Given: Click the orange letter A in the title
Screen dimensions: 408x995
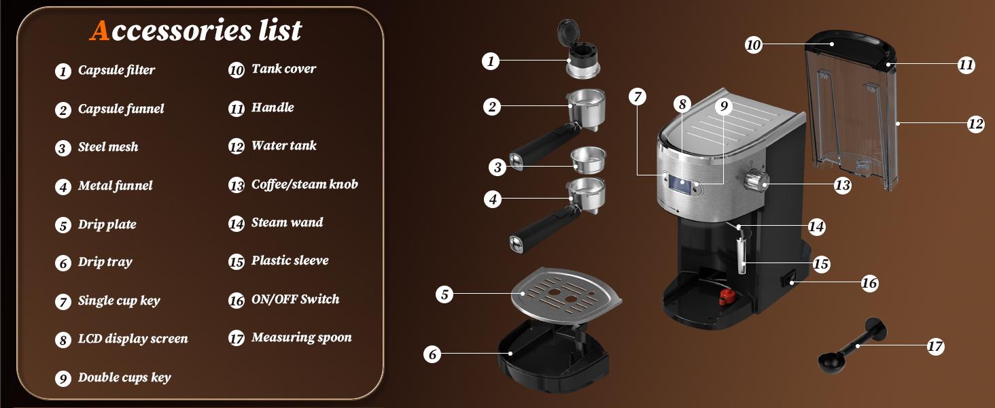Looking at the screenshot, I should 100,31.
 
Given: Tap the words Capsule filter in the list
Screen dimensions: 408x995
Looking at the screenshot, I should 116,70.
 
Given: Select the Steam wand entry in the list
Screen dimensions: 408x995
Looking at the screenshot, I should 287,222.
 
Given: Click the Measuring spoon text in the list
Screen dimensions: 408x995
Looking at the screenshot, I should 301,337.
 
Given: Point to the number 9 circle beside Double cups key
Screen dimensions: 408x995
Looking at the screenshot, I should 63,379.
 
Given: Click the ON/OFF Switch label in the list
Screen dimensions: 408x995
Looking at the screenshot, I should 295,299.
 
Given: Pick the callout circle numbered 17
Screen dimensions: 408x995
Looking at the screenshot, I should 935,347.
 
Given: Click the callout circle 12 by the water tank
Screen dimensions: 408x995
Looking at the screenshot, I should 975,124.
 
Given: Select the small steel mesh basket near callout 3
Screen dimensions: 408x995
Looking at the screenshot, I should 587,159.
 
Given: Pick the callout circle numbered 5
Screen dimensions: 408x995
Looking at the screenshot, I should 444,294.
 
